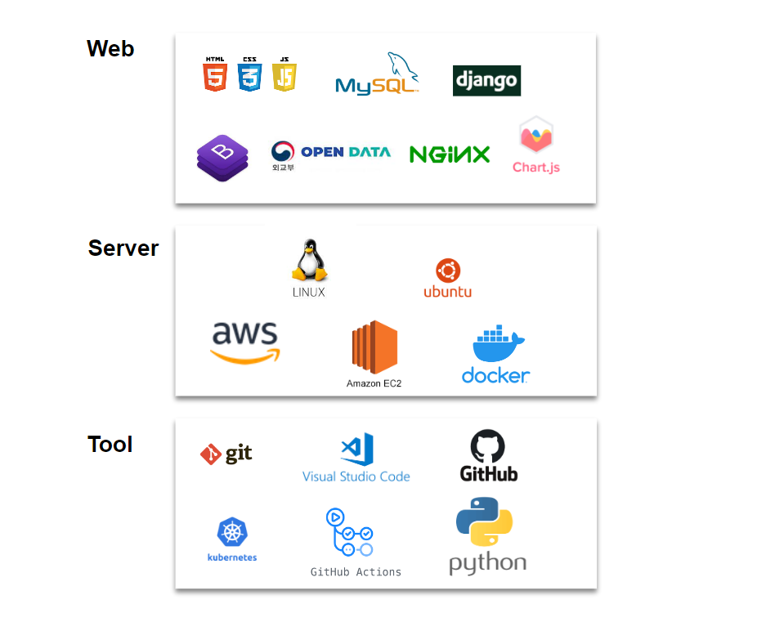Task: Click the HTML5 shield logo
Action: [x=215, y=75]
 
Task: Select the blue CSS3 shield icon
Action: [x=249, y=75]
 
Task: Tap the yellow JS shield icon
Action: [x=284, y=75]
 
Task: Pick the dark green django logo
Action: [x=486, y=81]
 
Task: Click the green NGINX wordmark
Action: [x=449, y=154]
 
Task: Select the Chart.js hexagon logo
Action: [x=536, y=136]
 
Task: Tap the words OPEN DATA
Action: [x=346, y=152]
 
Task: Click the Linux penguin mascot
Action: [x=309, y=262]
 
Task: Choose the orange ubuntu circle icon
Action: [x=448, y=271]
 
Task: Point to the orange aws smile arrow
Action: [x=245, y=356]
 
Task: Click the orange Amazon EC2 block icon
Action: [x=374, y=348]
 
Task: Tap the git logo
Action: [x=226, y=454]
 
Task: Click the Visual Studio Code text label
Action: [x=356, y=477]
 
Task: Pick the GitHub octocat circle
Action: [x=488, y=447]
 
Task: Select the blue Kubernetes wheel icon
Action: [x=232, y=533]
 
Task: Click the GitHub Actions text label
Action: [x=356, y=572]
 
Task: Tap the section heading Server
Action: [x=123, y=248]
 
